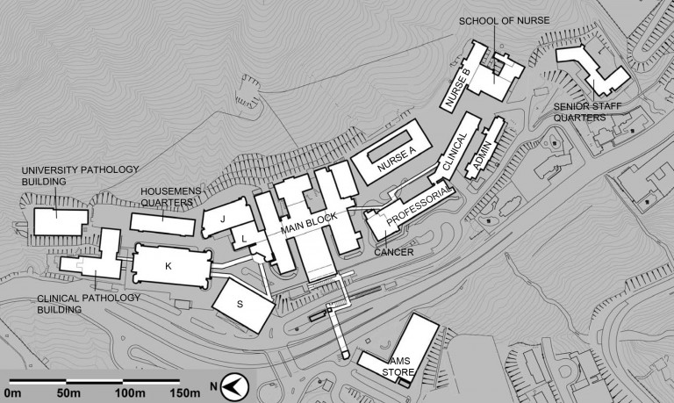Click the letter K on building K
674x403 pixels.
coord(168,266)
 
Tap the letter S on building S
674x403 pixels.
coord(240,304)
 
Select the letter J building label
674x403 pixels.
coord(223,219)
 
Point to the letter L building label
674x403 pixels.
coord(244,239)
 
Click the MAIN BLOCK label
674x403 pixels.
coord(309,223)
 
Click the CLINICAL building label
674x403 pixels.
coord(455,151)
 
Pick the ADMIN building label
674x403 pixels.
coord(482,155)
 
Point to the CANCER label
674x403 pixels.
coord(394,253)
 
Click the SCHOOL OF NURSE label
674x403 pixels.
coord(505,21)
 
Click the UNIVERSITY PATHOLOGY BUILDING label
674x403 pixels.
coord(81,176)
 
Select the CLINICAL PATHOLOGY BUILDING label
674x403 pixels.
coord(89,304)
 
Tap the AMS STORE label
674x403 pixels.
coord(398,366)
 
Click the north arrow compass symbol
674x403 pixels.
coord(234,386)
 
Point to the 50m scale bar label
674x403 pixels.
coord(68,393)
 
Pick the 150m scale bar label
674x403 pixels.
coord(185,393)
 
